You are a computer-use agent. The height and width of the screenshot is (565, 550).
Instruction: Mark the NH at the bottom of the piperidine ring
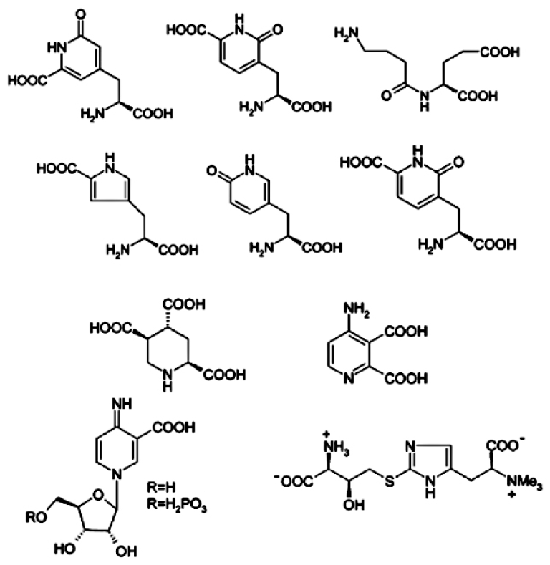[167, 385]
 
